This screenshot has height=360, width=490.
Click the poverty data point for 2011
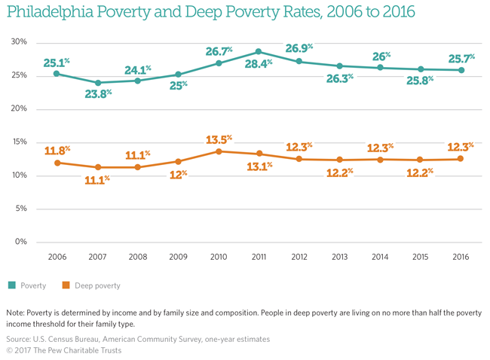click(x=259, y=52)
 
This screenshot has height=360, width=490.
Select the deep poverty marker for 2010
click(x=219, y=151)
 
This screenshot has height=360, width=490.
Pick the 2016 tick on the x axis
click(x=461, y=258)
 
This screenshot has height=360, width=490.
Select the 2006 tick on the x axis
click(x=57, y=258)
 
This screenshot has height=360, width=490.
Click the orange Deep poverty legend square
click(x=66, y=285)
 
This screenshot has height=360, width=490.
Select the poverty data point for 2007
click(x=98, y=83)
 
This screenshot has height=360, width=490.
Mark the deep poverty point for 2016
click(x=461, y=158)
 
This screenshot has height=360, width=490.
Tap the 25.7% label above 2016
click(x=461, y=57)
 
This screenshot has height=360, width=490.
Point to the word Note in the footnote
click(x=16, y=312)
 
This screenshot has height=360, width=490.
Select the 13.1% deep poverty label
click(x=259, y=166)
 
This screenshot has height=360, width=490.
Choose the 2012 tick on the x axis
click(x=299, y=258)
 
